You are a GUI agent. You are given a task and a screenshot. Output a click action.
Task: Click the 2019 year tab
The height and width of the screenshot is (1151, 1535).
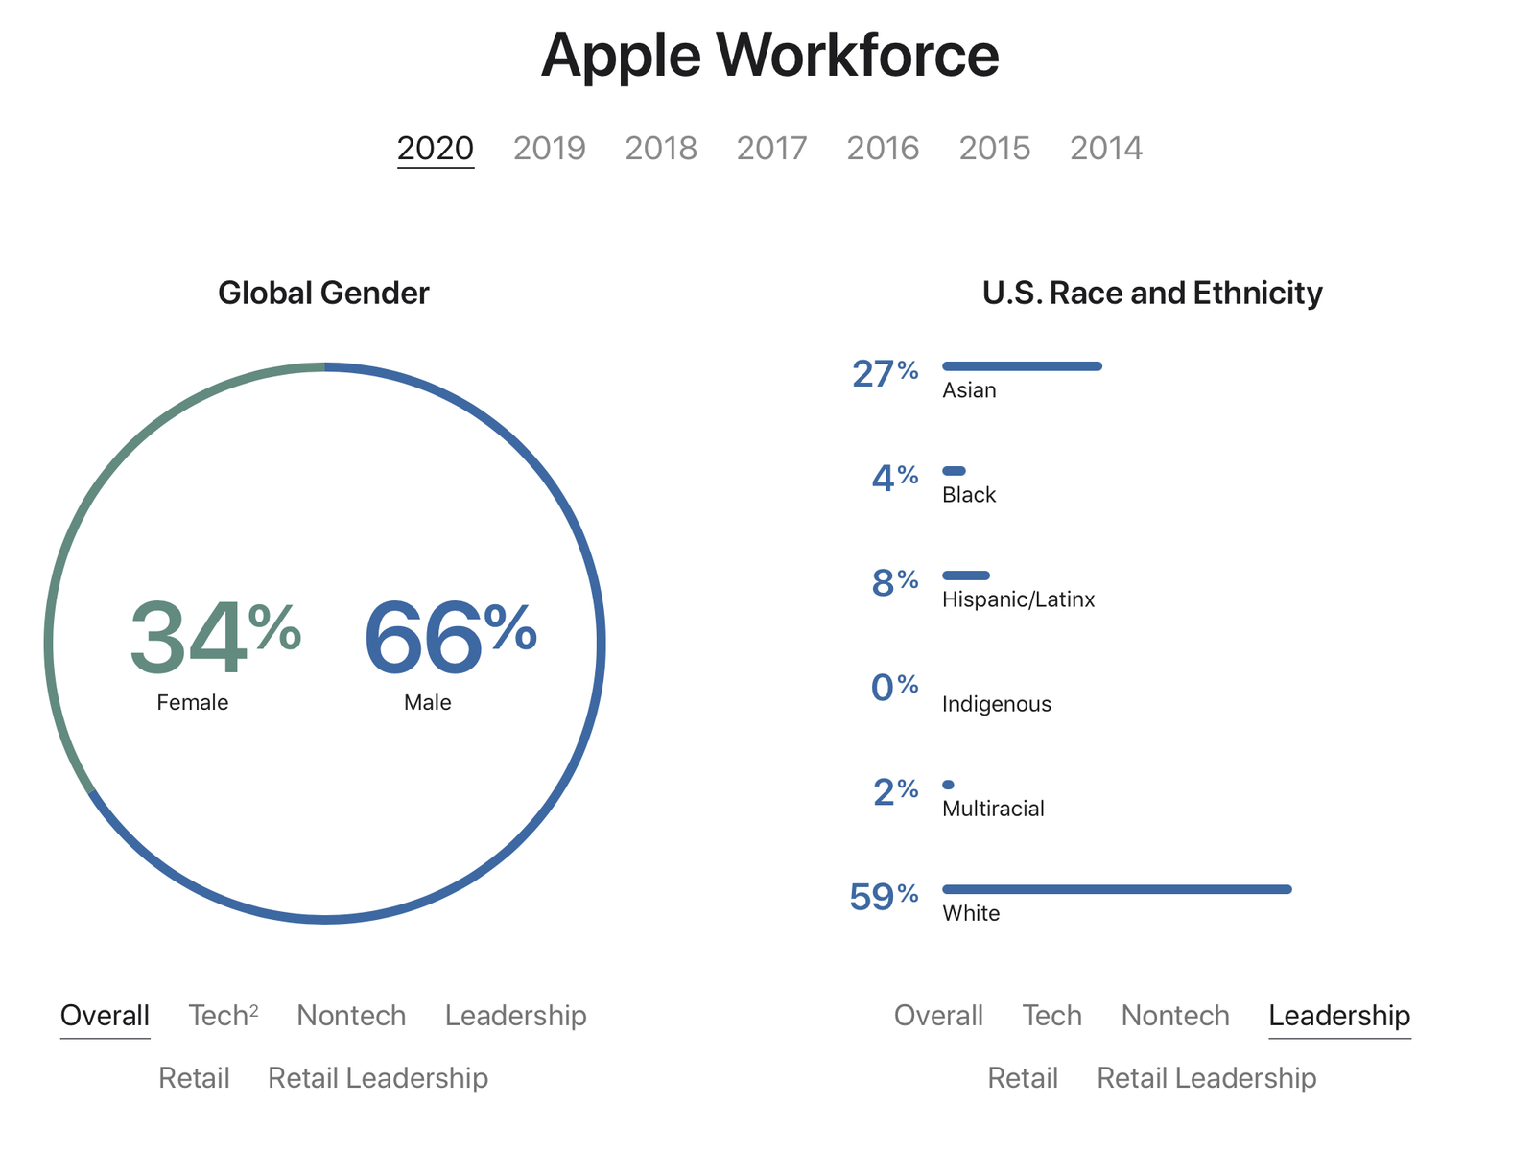(549, 148)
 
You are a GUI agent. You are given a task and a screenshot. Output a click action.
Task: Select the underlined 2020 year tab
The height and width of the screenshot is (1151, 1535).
(436, 148)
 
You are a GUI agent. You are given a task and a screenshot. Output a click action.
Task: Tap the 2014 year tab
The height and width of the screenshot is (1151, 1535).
(1106, 148)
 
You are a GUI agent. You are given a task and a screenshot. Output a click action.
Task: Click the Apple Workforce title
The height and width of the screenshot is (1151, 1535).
(769, 55)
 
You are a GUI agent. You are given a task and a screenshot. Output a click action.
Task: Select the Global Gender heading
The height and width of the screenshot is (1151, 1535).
(323, 293)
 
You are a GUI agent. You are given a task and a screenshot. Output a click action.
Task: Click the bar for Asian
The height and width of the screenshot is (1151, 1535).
(1022, 365)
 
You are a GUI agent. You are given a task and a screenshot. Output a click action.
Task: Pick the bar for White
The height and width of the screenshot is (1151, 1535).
(1117, 889)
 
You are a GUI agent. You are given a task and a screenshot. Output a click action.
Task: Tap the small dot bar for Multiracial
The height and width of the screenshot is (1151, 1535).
(948, 785)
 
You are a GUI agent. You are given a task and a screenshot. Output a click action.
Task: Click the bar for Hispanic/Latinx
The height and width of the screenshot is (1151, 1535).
(965, 575)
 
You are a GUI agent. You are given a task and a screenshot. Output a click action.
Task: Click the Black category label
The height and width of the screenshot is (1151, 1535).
(969, 495)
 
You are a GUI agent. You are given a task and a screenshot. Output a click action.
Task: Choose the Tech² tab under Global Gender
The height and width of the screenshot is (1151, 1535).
(223, 1015)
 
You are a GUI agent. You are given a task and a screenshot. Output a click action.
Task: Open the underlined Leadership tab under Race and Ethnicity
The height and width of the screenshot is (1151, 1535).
(1339, 1015)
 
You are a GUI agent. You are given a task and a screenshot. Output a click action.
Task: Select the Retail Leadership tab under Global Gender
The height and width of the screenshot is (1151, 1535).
(378, 1078)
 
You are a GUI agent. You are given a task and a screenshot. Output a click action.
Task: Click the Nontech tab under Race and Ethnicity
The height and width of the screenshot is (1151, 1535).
(1175, 1015)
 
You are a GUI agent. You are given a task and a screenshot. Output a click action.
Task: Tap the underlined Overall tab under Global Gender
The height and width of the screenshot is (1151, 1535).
(105, 1015)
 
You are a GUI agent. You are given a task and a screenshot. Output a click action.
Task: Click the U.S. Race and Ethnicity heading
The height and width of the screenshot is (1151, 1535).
(1152, 293)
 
